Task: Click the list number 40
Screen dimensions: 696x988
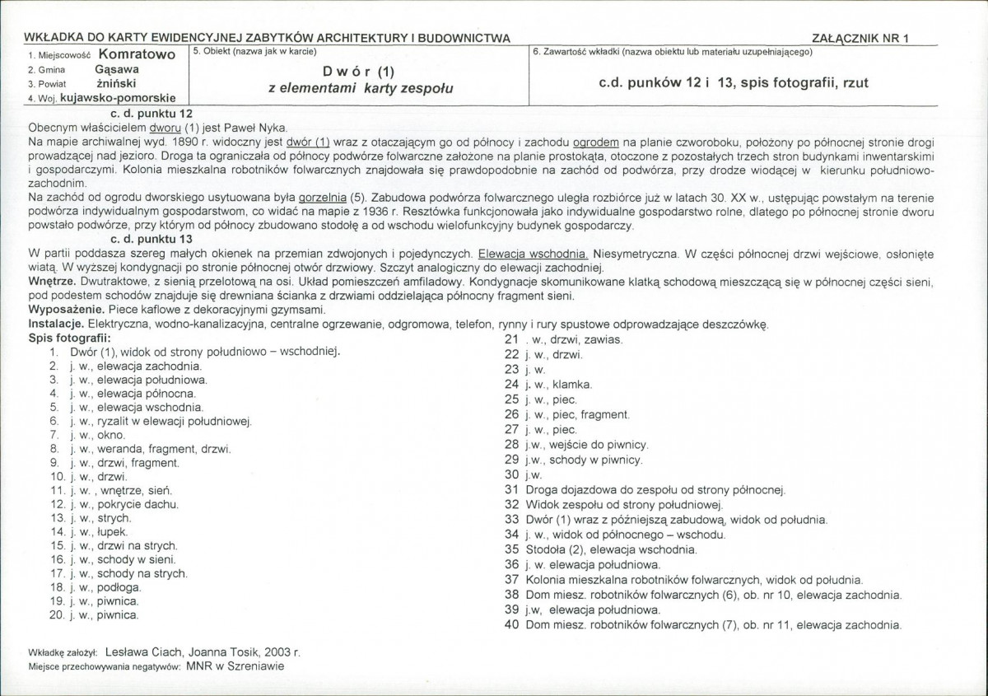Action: point(510,625)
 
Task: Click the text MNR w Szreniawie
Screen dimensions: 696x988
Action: point(234,665)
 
